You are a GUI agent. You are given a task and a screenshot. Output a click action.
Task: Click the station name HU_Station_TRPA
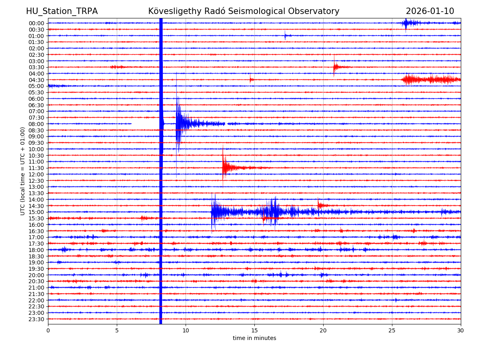(62, 11)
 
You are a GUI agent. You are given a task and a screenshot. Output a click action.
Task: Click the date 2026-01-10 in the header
(430, 11)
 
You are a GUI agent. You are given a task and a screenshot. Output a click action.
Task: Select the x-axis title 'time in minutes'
(254, 338)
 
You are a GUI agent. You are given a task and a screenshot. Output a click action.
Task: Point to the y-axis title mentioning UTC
(23, 171)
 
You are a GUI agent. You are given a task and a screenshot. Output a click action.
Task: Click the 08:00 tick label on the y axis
(36, 124)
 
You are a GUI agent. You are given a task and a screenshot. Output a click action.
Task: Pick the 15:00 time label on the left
(36, 212)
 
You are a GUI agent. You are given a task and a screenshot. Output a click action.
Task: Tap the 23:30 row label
(36, 319)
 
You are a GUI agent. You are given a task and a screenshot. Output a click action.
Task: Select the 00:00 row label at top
(36, 23)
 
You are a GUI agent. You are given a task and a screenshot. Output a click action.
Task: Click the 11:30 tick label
(36, 168)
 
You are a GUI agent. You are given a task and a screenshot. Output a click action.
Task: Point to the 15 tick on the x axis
(254, 331)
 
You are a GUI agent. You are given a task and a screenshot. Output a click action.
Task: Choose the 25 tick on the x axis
(392, 331)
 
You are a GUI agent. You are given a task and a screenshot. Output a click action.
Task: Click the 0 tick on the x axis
(48, 331)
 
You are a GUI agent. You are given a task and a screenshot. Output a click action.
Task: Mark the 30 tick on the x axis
(461, 331)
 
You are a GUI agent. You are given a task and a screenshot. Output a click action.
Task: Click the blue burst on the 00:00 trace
(406, 23)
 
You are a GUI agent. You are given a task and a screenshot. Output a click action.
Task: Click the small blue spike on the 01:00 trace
(285, 36)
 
